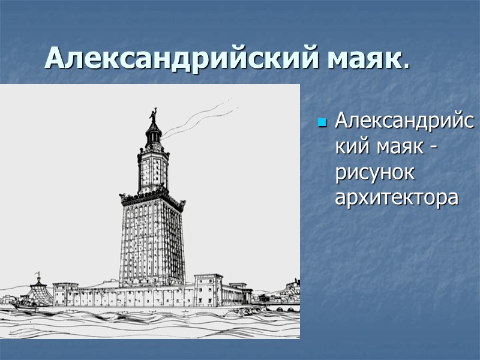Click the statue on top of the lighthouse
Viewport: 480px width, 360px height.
pos(152,114)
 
